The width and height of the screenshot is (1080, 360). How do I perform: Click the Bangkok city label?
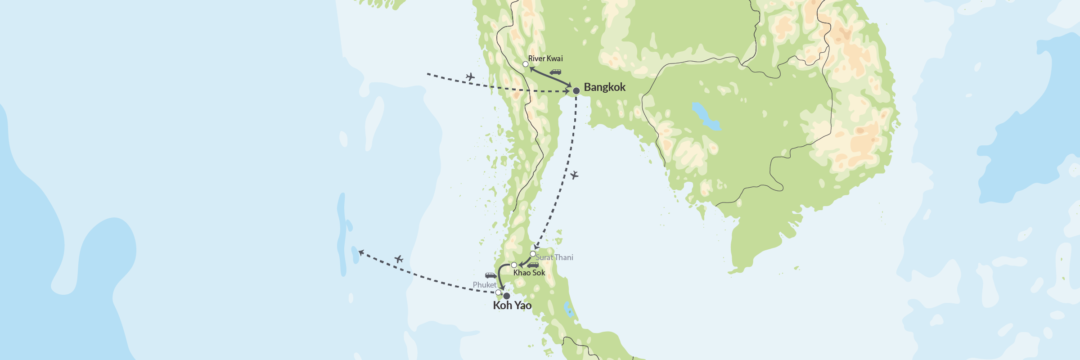pos(604,87)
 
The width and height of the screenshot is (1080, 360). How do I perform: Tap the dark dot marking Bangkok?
pos(576,91)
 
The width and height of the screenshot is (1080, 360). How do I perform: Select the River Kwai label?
pos(545,58)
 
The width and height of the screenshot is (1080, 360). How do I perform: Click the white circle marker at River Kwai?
pos(525,64)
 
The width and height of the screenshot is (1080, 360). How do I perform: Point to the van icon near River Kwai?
pos(555,72)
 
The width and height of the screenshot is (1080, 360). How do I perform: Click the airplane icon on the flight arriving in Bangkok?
pos(470,77)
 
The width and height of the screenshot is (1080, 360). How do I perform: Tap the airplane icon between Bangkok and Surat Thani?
pos(574,175)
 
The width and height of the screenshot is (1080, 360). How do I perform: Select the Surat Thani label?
pos(554,257)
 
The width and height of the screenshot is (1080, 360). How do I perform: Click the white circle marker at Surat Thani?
pos(533,254)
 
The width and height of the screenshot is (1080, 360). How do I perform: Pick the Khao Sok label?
pos(529,273)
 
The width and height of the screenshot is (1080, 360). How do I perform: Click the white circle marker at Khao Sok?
pos(514,265)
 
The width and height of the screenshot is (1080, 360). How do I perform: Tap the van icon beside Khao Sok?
pos(533,265)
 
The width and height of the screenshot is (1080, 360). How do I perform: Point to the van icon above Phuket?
pos(490,275)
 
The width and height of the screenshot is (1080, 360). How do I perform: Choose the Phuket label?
pos(484,285)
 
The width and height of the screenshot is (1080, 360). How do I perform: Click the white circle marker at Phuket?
pos(498,292)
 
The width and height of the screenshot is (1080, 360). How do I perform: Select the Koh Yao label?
pos(512,306)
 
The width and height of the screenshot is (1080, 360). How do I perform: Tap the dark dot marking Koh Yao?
pos(506,296)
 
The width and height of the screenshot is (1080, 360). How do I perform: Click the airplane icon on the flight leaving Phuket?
pos(399,259)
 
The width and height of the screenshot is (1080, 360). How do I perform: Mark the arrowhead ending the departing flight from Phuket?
pos(360,253)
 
